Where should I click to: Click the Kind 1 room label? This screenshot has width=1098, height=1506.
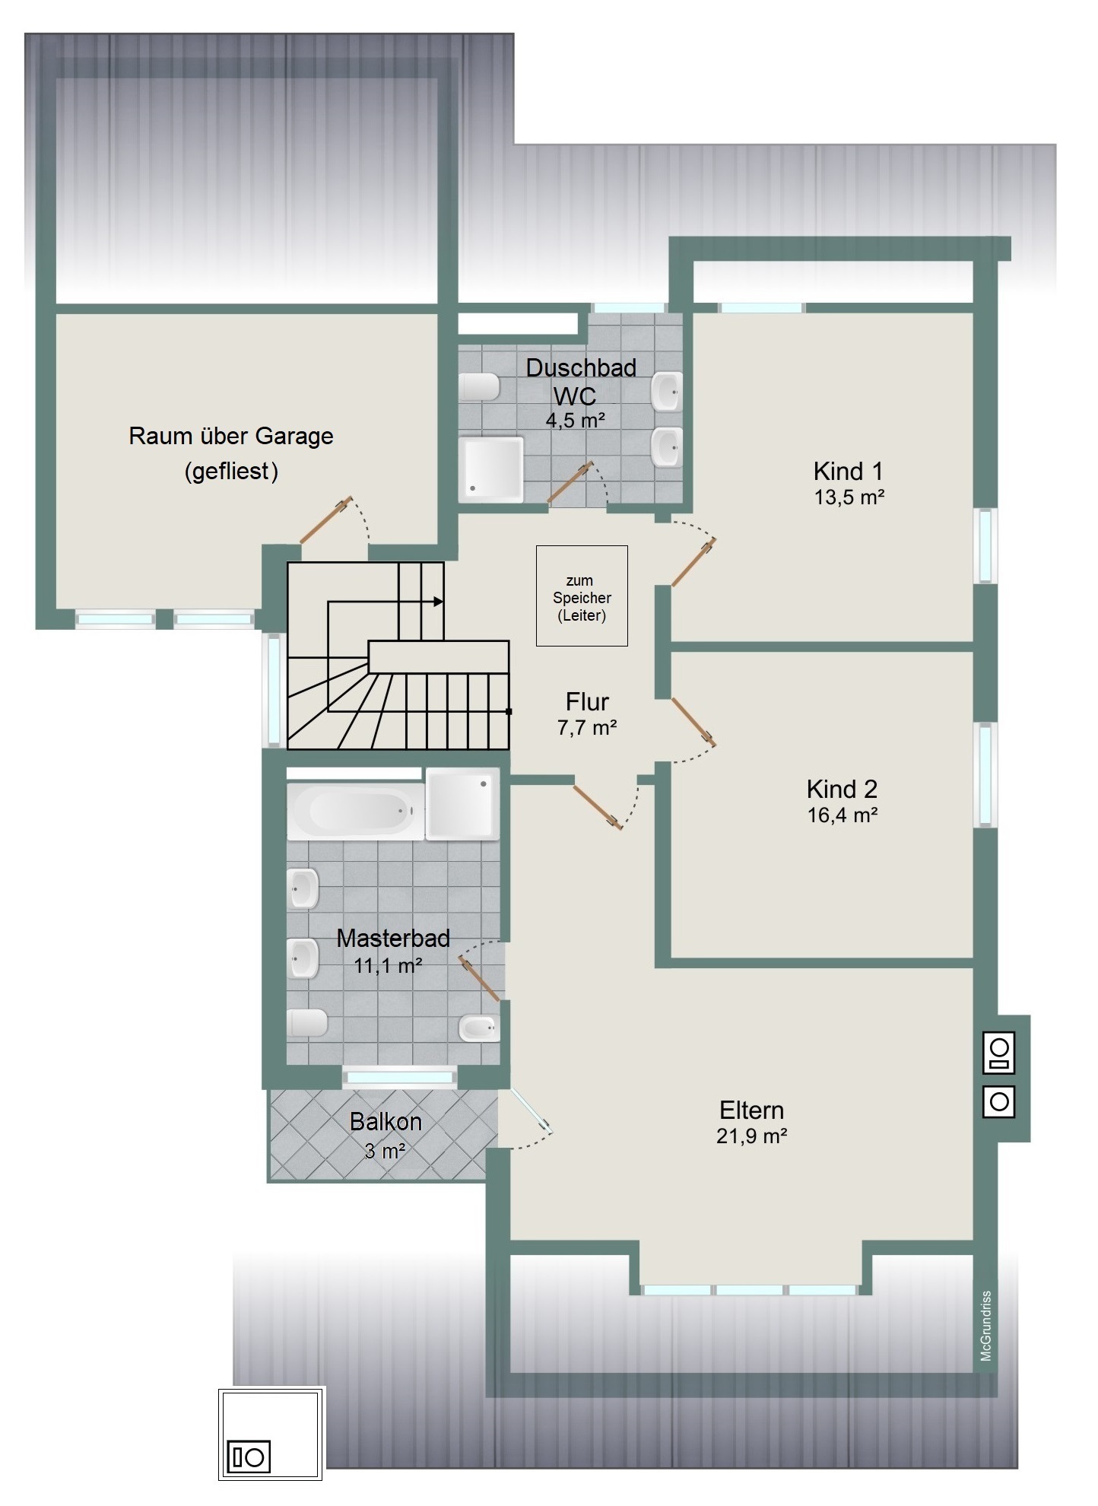pyautogui.click(x=848, y=471)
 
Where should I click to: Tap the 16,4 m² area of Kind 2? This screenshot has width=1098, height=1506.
pyautogui.click(x=843, y=815)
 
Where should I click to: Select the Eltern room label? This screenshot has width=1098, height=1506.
pyautogui.click(x=751, y=1110)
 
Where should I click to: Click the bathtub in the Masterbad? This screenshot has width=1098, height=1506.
pyautogui.click(x=355, y=812)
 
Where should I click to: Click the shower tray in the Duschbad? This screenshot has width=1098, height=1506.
pyautogui.click(x=491, y=469)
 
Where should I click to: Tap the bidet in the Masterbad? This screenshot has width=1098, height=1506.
pyautogui.click(x=479, y=1028)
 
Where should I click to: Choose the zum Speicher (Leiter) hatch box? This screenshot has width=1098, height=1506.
pyautogui.click(x=582, y=596)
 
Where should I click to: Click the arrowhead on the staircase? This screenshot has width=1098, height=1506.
pyautogui.click(x=439, y=602)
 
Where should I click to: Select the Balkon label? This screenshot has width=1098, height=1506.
pyautogui.click(x=386, y=1121)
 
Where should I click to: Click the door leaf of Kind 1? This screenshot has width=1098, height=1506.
pyautogui.click(x=693, y=562)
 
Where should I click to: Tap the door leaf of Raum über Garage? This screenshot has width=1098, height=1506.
pyautogui.click(x=326, y=519)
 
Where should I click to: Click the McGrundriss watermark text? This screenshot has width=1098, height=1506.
pyautogui.click(x=986, y=1326)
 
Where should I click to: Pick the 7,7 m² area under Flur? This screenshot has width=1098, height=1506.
pyautogui.click(x=587, y=728)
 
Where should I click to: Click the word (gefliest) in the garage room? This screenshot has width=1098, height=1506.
pyautogui.click(x=231, y=472)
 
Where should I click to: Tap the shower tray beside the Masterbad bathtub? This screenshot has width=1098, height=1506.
pyautogui.click(x=462, y=804)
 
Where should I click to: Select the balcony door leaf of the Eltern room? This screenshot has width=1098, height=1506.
pyautogui.click(x=532, y=1111)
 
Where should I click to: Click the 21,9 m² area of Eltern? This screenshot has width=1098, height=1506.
pyautogui.click(x=751, y=1136)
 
